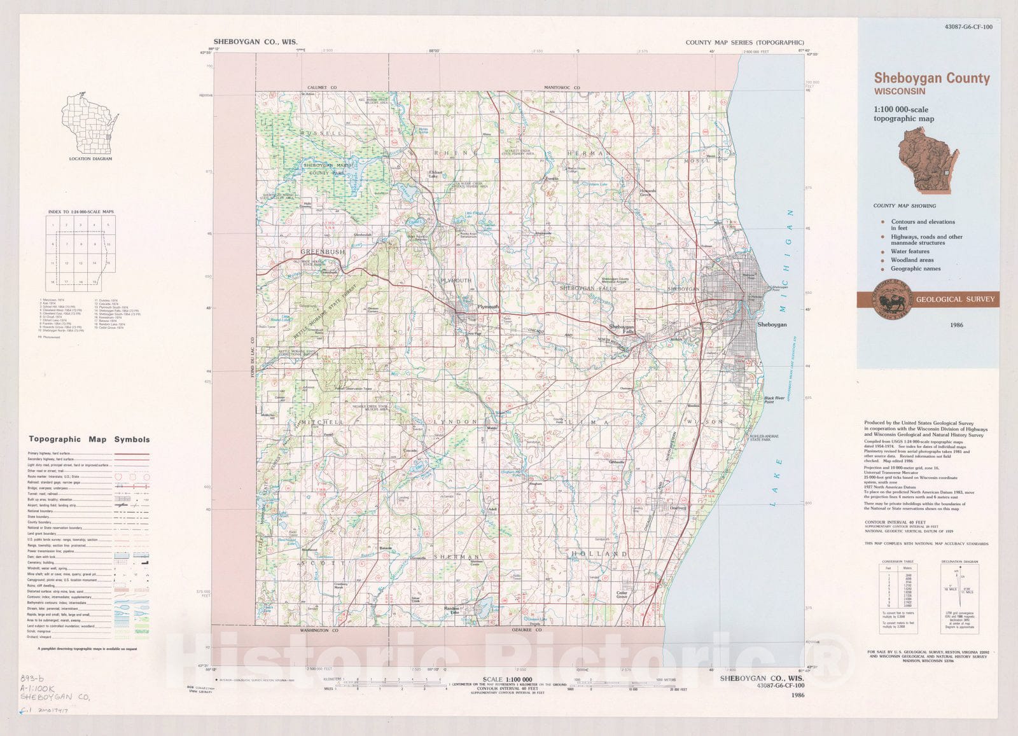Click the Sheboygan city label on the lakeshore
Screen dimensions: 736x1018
[771, 324]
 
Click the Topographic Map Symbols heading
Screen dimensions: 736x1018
[89, 439]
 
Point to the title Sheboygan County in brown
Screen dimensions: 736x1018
[931, 78]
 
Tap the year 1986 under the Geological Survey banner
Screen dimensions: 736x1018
[956, 325]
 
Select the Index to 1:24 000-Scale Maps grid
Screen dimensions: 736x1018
[80, 253]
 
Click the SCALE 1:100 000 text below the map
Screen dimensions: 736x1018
[507, 679]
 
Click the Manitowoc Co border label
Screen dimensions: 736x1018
[562, 87]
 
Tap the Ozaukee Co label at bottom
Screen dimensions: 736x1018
[526, 630]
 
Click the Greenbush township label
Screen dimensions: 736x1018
[322, 252]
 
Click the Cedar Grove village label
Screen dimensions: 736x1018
[622, 594]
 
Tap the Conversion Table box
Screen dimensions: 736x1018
[897, 595]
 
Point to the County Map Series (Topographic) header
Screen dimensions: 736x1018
[744, 43]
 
